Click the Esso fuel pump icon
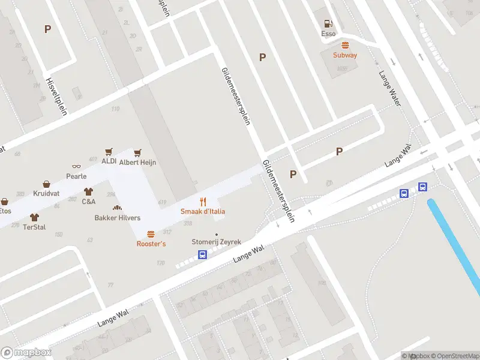point(328,24)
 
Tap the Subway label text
point(345,55)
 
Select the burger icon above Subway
point(345,46)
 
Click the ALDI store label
point(109,161)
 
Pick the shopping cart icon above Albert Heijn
point(138,152)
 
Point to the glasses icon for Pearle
point(76,167)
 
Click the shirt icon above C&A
point(89,192)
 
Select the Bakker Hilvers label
point(118,218)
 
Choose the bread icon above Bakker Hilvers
point(118,208)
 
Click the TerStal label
point(34,227)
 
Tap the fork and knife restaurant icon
point(203,202)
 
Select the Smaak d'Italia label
point(203,211)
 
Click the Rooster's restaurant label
point(151,244)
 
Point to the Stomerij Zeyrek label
point(216,242)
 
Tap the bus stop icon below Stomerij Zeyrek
point(203,254)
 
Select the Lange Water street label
point(389,89)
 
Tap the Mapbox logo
point(26,353)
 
